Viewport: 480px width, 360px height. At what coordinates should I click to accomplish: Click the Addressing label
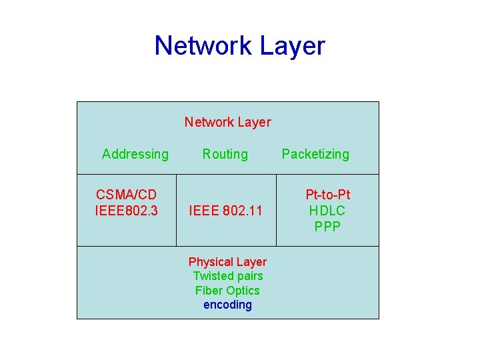click(x=135, y=154)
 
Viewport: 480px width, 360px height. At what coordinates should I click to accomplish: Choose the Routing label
click(x=225, y=154)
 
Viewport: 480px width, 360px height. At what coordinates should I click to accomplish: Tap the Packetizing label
click(x=315, y=154)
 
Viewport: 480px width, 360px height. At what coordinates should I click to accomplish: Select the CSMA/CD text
click(x=127, y=195)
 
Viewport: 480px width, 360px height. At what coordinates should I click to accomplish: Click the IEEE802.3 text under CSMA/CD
click(x=127, y=211)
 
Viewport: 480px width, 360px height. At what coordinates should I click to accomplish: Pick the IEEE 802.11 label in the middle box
click(x=225, y=211)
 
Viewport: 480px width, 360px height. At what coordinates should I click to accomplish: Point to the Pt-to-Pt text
click(x=327, y=195)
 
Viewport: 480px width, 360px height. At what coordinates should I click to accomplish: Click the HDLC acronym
click(x=327, y=211)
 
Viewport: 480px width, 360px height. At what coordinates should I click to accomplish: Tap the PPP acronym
click(x=327, y=227)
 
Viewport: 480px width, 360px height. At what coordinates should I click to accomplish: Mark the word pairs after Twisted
click(x=249, y=276)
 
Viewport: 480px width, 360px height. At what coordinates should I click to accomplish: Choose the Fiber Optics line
click(x=227, y=291)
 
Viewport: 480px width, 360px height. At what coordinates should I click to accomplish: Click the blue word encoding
click(x=227, y=305)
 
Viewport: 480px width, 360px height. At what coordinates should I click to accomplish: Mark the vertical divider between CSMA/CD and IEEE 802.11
click(x=177, y=211)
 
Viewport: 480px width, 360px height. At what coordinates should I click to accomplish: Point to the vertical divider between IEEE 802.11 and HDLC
click(x=276, y=211)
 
